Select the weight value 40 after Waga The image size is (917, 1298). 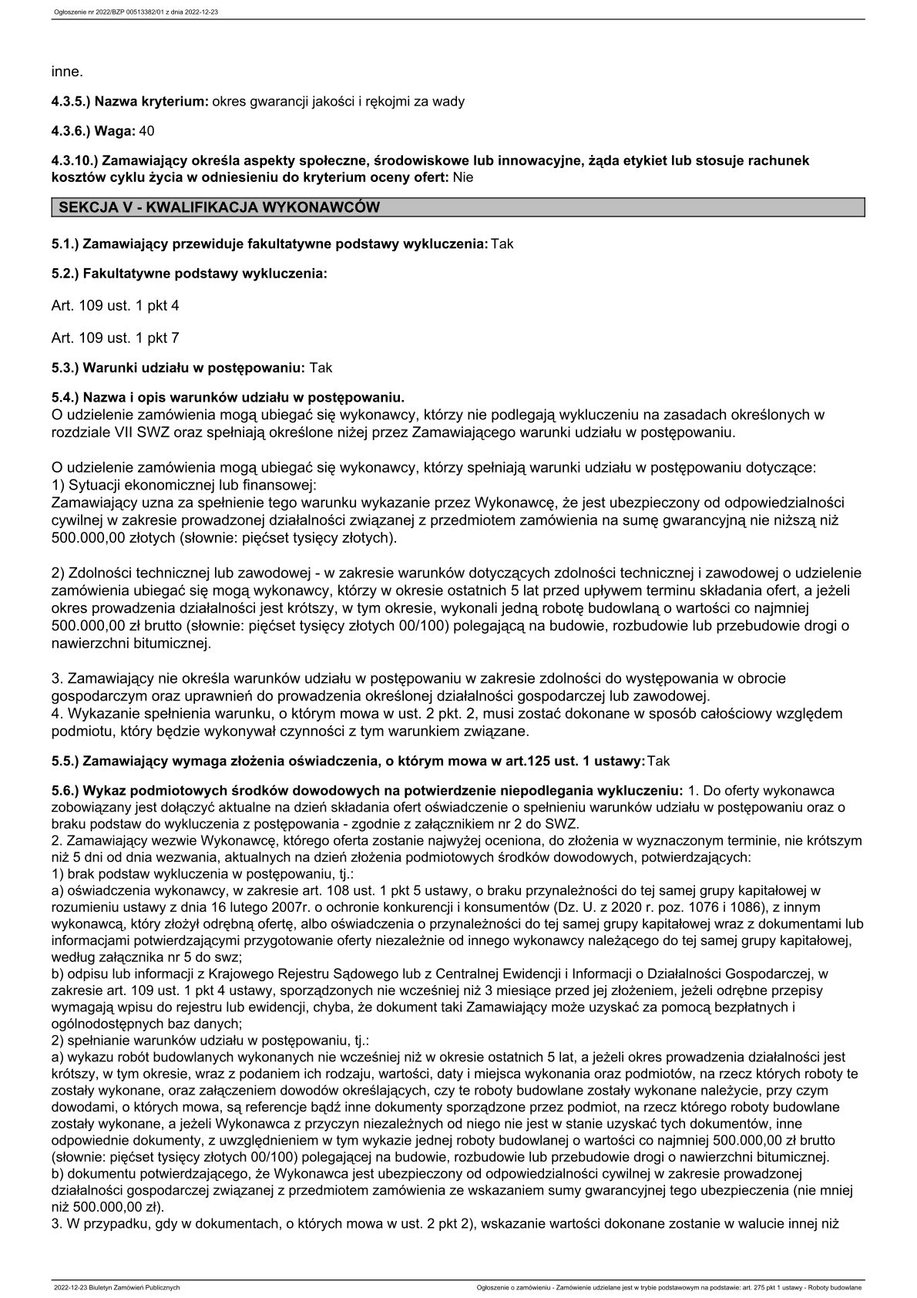(147, 131)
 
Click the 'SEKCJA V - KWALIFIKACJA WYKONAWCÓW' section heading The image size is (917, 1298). (216, 207)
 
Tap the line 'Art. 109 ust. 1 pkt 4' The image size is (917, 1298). (115, 305)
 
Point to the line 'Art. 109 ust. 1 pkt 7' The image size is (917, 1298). (115, 338)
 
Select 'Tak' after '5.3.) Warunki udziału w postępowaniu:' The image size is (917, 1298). (321, 368)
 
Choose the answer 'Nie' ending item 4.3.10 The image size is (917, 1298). (463, 177)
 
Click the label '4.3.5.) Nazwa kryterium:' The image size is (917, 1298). (130, 101)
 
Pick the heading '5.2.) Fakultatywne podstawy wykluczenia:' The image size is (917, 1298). (190, 274)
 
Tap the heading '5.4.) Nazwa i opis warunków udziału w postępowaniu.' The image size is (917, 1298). (228, 398)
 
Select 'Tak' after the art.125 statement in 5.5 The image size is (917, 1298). (659, 761)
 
